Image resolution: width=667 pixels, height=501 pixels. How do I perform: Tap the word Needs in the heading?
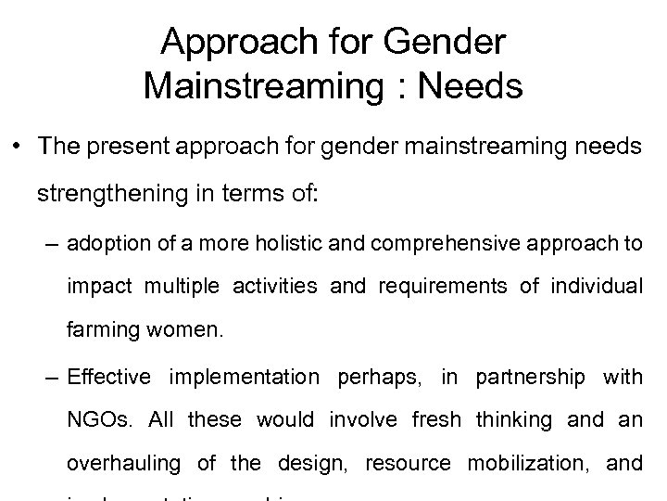471,87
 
